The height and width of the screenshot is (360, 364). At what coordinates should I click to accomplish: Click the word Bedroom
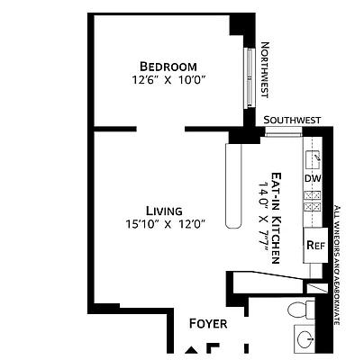point(168,66)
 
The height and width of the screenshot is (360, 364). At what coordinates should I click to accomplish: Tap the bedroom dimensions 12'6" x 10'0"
point(168,81)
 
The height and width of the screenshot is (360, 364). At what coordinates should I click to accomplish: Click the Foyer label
point(207,323)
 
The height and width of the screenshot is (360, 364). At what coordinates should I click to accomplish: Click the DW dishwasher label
point(312,178)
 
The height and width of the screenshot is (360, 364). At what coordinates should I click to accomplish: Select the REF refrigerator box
point(314,244)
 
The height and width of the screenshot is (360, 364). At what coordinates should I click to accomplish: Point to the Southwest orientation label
point(292,120)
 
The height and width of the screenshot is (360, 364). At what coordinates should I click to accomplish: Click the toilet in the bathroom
point(300,310)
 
